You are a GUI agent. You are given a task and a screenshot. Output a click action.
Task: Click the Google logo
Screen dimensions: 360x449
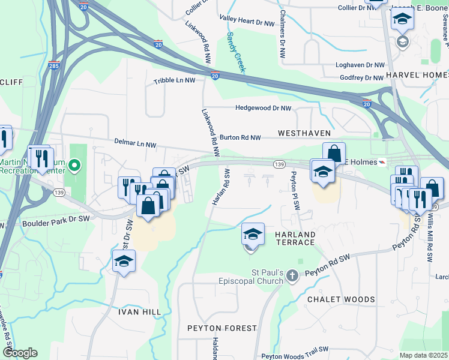pos(20,353)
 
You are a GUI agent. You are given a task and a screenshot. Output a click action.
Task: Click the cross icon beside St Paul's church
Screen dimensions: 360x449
pos(292,276)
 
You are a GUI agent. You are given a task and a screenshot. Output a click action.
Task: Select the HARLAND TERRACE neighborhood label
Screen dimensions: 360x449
pos(287,238)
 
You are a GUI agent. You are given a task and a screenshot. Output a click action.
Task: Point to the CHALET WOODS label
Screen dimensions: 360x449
pos(341,299)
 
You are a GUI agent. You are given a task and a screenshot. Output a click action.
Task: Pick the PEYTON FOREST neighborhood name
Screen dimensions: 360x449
pos(222,328)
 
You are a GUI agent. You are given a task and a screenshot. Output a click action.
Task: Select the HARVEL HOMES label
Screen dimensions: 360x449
pos(417,74)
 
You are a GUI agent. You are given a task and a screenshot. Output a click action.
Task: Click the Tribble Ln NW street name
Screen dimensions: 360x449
pos(175,80)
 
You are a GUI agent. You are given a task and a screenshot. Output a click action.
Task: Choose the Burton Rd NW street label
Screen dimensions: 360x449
pos(240,137)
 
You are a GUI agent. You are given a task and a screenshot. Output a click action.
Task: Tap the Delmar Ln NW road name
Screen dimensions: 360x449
pos(136,143)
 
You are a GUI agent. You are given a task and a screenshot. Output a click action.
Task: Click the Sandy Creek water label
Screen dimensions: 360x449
pos(235,52)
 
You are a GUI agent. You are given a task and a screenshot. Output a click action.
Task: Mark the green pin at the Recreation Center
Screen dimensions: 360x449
pos(74,164)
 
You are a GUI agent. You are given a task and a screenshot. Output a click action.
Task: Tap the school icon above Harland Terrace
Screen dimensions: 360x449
pos(253,233)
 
